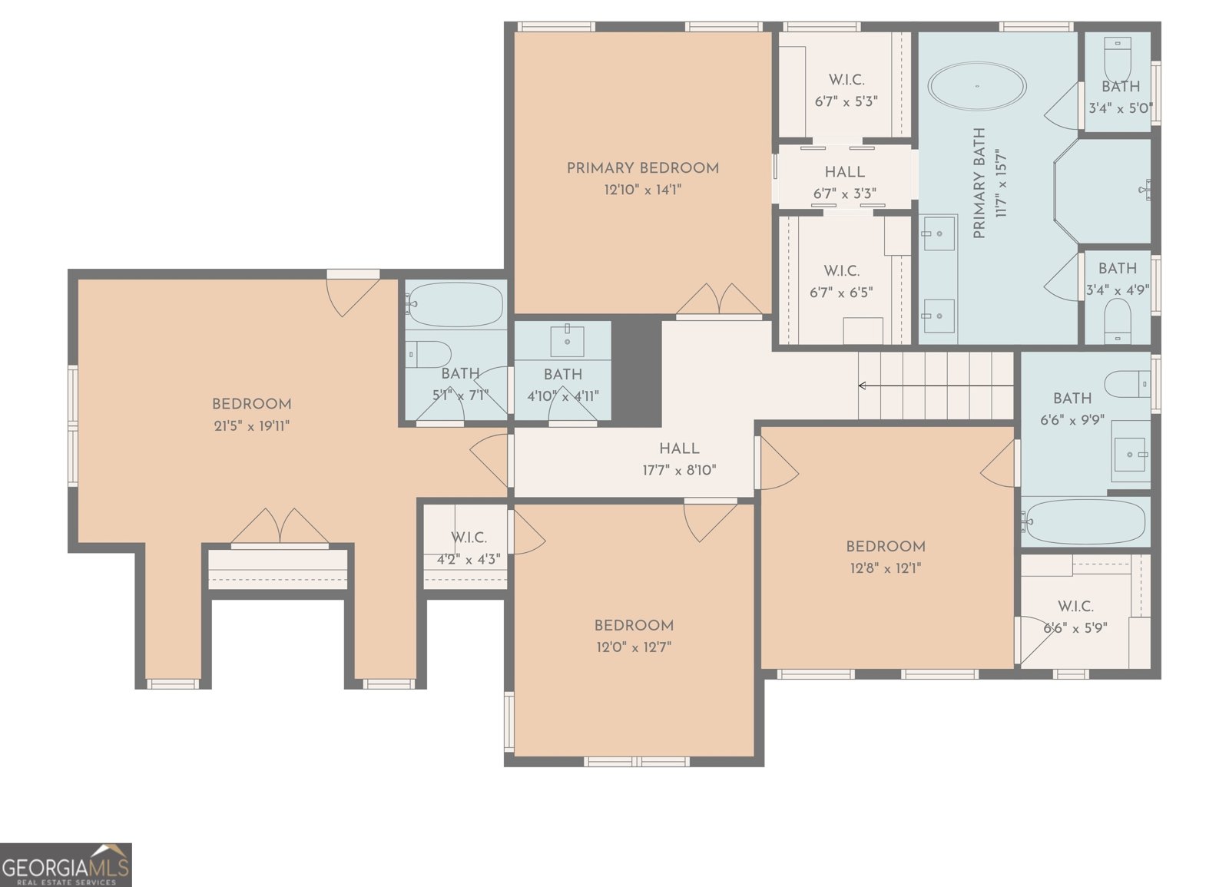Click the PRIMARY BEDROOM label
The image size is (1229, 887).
tap(643, 168)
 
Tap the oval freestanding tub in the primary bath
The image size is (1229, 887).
tap(976, 86)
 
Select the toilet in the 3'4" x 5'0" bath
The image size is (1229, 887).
tap(1118, 55)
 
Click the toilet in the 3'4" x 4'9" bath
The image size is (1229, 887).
tap(1118, 319)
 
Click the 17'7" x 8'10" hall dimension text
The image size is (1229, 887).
tap(679, 470)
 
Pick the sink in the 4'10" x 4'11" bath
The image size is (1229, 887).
tap(567, 340)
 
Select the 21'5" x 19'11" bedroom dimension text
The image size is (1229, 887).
tap(251, 425)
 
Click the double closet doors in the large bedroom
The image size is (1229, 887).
tap(280, 528)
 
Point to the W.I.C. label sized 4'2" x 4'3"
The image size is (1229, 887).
tap(469, 538)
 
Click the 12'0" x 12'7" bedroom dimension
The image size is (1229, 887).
tap(634, 647)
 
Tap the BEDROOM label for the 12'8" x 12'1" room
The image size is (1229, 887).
tap(886, 547)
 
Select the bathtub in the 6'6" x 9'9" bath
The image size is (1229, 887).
tap(1085, 521)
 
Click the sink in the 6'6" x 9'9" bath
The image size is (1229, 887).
tap(1130, 453)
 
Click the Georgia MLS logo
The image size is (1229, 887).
tap(65, 865)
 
